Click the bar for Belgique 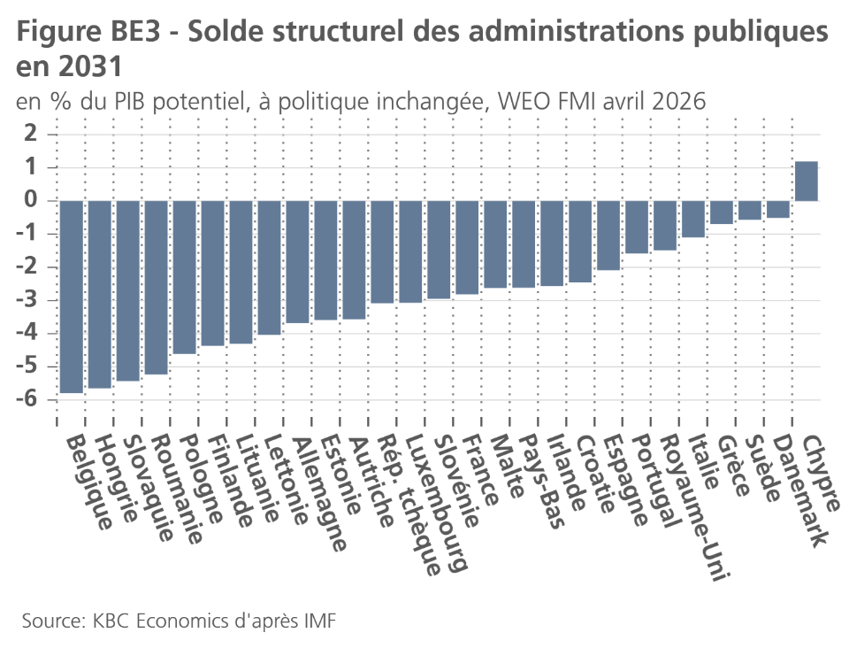pyautogui.click(x=71, y=296)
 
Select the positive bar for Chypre pyautogui.click(x=807, y=181)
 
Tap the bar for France pyautogui.click(x=467, y=247)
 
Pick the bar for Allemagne pyautogui.click(x=297, y=262)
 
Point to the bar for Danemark pyautogui.click(x=778, y=209)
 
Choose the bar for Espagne pyautogui.click(x=608, y=235)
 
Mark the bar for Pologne pyautogui.click(x=184, y=277)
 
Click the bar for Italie pyautogui.click(x=693, y=220)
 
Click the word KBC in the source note pyautogui.click(x=119, y=619)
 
